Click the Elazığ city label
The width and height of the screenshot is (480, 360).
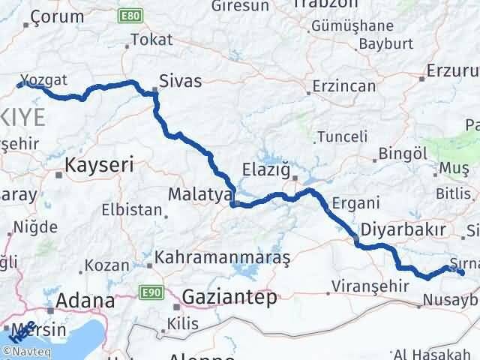[x=265, y=169]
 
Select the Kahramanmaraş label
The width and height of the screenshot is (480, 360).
[x=222, y=257]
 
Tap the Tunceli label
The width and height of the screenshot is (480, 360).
[x=342, y=136]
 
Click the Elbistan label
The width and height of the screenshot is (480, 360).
[x=136, y=210]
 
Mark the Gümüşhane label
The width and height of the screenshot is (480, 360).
[x=351, y=25]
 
